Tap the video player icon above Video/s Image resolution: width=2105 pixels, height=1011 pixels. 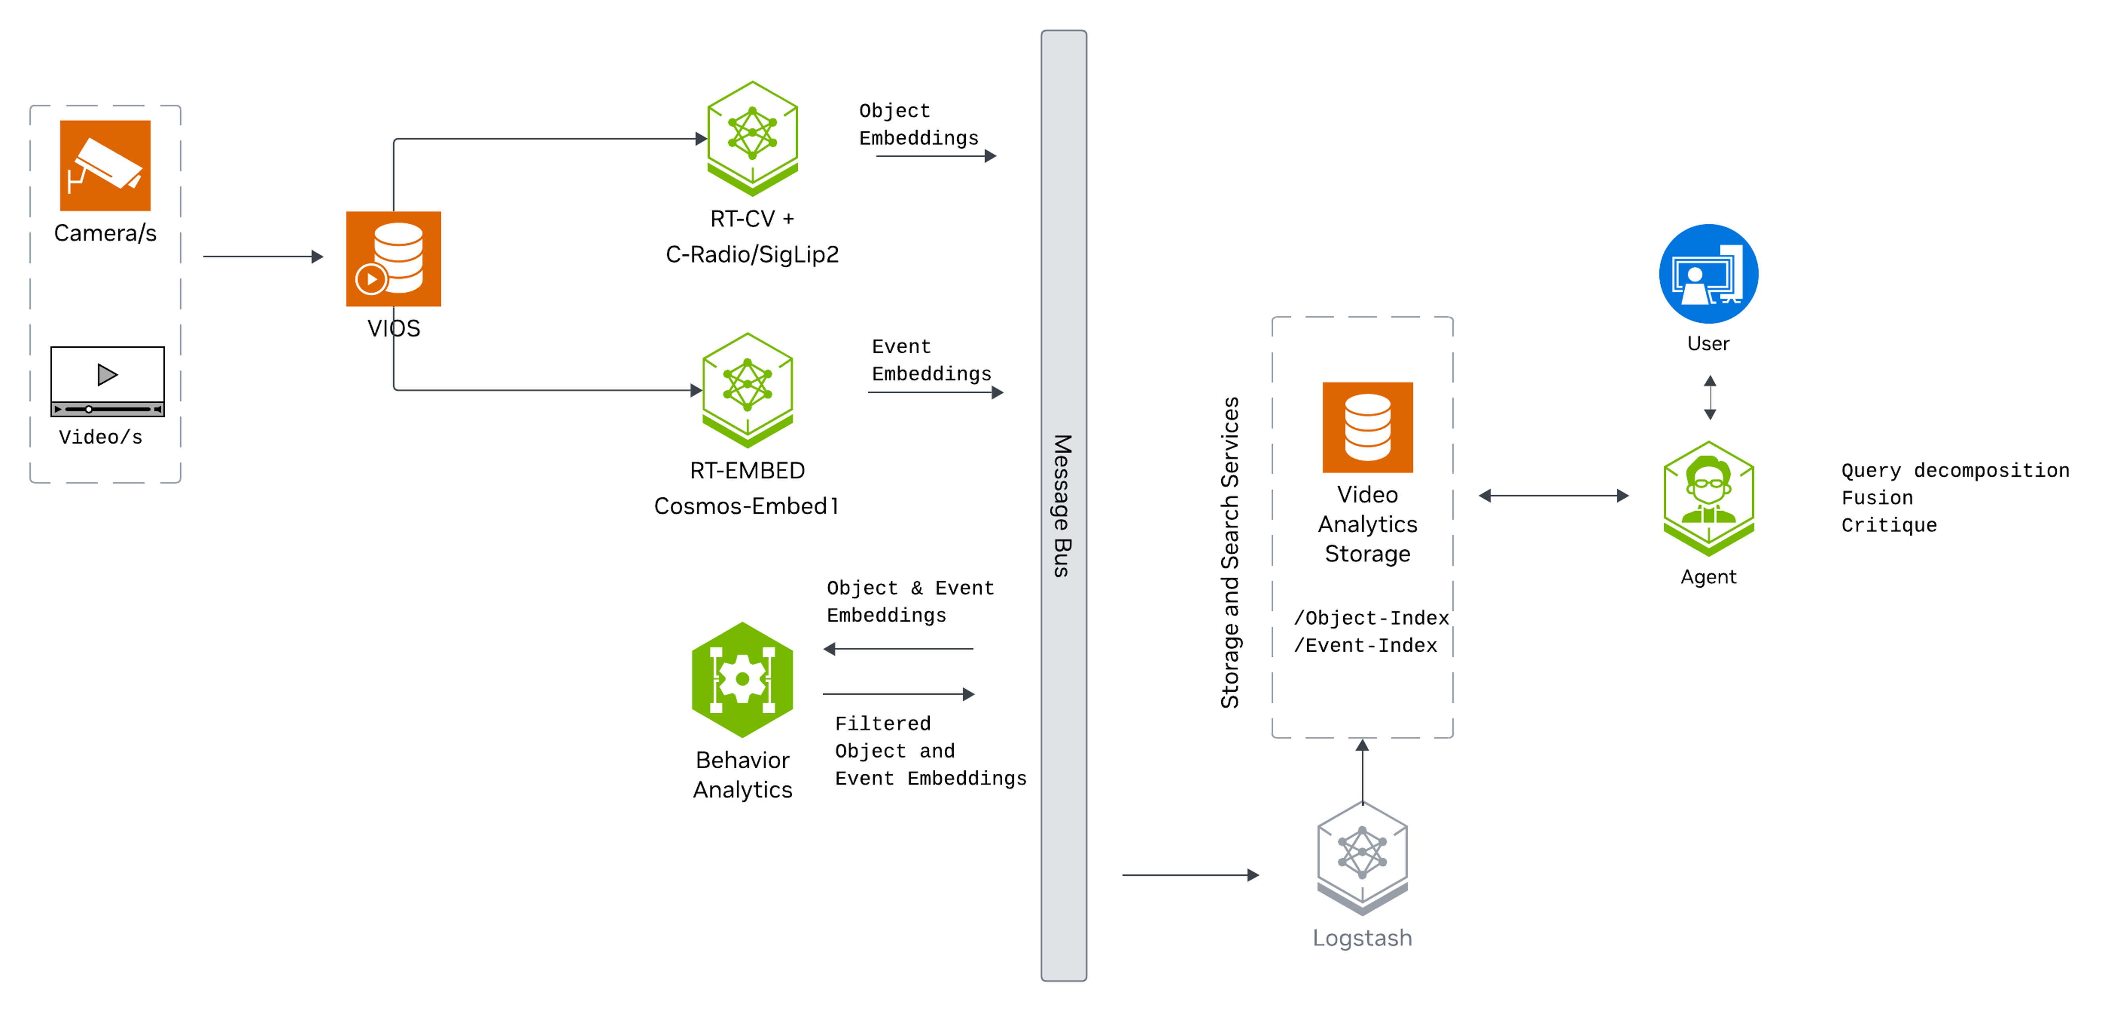point(107,381)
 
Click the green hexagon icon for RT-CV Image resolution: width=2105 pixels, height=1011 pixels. point(752,137)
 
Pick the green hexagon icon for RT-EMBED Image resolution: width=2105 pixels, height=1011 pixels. point(747,389)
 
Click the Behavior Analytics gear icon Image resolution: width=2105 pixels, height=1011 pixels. point(742,679)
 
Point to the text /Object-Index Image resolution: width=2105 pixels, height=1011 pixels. point(1370,618)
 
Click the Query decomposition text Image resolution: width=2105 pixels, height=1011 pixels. point(1954,470)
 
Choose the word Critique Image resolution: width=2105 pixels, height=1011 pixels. point(1888,525)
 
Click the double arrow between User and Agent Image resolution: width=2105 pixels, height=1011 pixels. point(1710,398)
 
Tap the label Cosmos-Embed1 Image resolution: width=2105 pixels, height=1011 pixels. point(746,506)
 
